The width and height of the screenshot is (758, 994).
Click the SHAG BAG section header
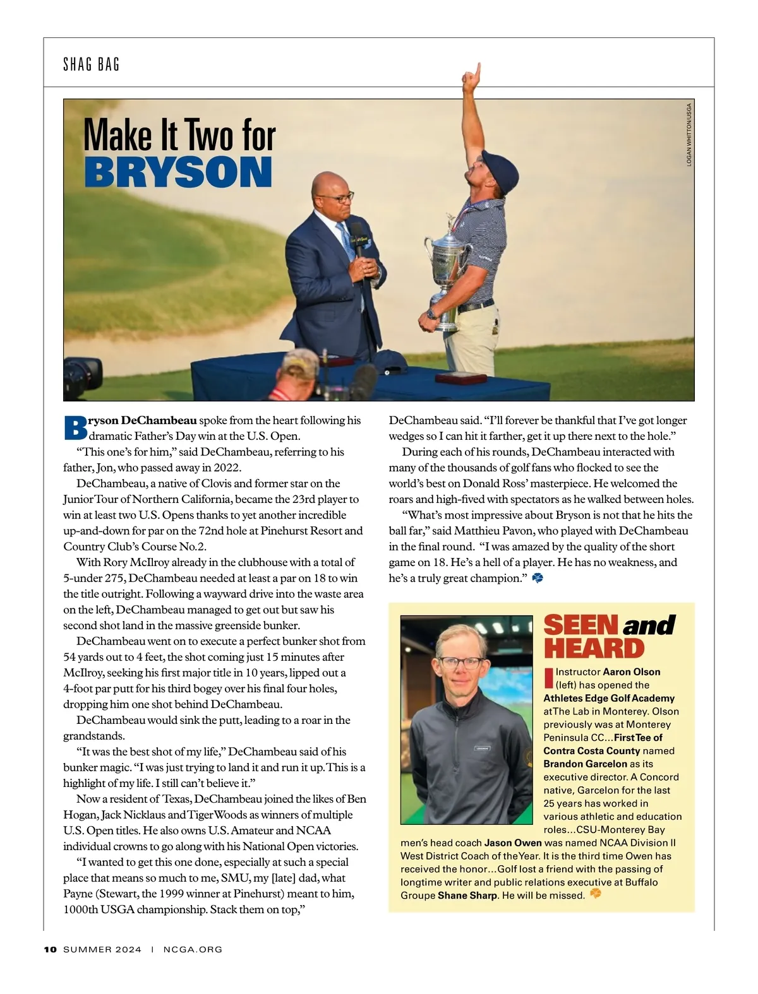coord(92,64)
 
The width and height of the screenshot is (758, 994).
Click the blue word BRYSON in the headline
coord(178,172)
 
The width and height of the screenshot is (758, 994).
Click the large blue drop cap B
coord(75,427)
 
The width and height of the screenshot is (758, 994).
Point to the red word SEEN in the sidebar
coord(581,625)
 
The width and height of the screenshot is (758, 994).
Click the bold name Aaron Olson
coord(632,672)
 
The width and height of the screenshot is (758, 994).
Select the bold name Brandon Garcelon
coord(576,764)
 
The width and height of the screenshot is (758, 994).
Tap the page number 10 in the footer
coord(51,949)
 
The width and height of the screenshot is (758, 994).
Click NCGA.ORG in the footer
coord(193,949)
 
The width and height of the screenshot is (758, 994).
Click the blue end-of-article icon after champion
coord(538,577)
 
